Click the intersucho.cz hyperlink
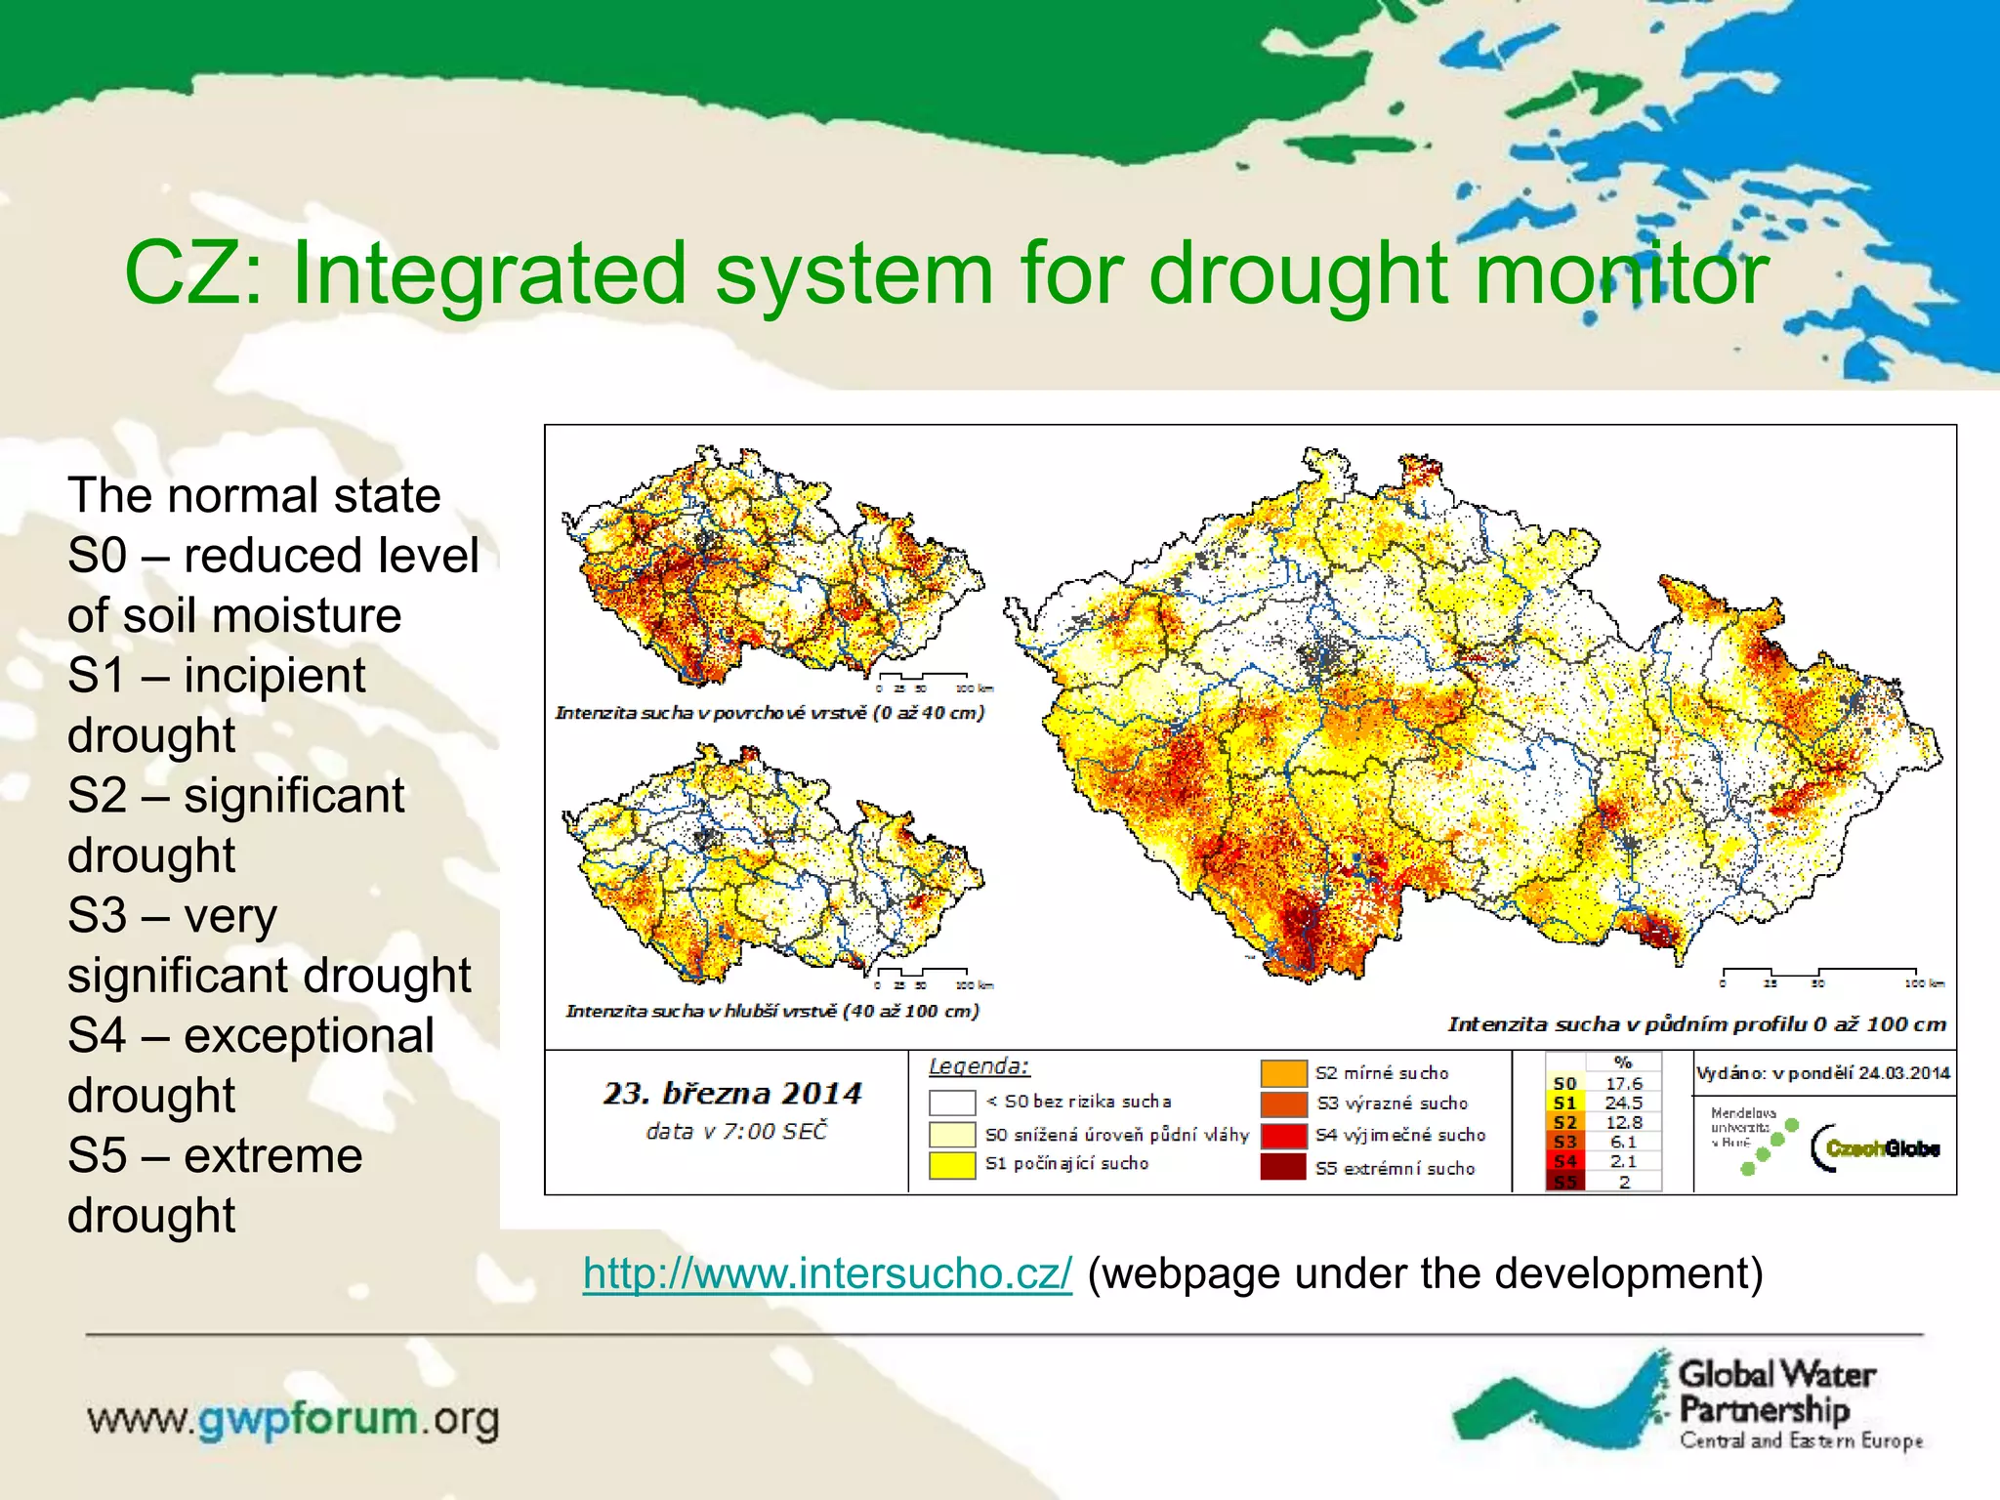click(x=827, y=1273)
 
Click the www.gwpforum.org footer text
click(x=293, y=1419)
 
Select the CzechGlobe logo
click(x=1875, y=1147)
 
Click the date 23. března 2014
click(x=732, y=1093)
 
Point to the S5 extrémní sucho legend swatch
click(x=1282, y=1167)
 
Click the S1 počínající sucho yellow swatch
click(x=952, y=1164)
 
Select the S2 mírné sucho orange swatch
click(x=1283, y=1073)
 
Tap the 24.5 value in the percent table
click(x=1624, y=1103)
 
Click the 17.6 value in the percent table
click(x=1624, y=1083)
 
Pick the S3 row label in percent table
click(x=1564, y=1142)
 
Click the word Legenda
click(x=979, y=1066)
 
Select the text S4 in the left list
click(x=97, y=1035)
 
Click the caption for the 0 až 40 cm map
click(x=770, y=713)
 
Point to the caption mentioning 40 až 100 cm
click(x=771, y=1011)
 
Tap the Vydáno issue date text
click(x=1822, y=1073)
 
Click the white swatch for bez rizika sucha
click(x=952, y=1103)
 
